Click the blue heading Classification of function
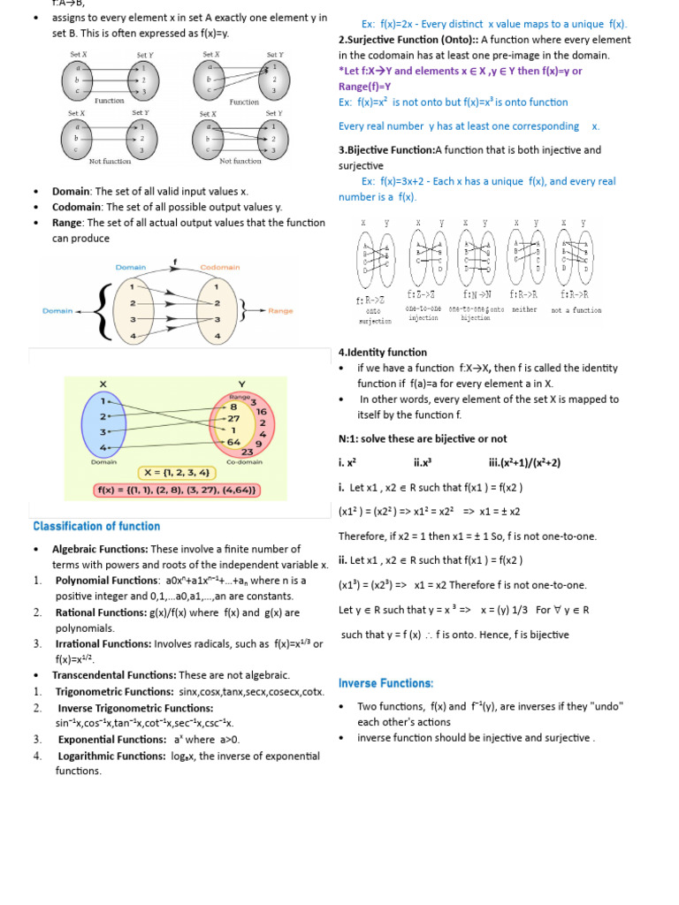pyautogui.click(x=96, y=527)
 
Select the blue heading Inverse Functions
pyautogui.click(x=385, y=683)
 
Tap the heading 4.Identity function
pyautogui.click(x=382, y=353)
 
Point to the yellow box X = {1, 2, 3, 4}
pyautogui.click(x=176, y=472)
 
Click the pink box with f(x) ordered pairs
pyautogui.click(x=177, y=490)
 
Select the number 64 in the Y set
pyautogui.click(x=233, y=442)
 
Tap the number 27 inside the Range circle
pyautogui.click(x=233, y=418)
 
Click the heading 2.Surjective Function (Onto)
pyautogui.click(x=408, y=40)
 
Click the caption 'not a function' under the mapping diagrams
pyautogui.click(x=576, y=310)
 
